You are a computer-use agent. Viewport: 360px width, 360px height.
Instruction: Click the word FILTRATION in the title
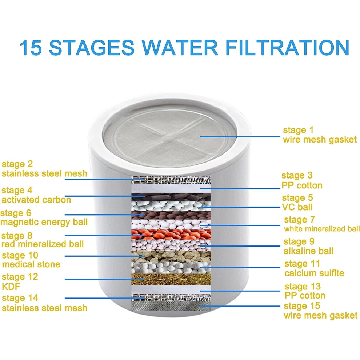287,48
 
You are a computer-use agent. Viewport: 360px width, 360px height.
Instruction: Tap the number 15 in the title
31,48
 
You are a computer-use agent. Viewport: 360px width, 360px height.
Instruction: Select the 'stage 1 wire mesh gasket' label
320,135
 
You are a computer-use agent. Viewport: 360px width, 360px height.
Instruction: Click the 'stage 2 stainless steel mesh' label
44,169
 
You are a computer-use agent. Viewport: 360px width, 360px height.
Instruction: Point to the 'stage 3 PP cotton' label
302,180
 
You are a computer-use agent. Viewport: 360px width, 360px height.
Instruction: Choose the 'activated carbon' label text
36,200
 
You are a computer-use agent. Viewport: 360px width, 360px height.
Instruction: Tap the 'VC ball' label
297,207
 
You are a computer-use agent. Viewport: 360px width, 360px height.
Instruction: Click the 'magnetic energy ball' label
44,222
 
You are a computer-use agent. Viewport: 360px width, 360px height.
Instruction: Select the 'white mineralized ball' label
322,229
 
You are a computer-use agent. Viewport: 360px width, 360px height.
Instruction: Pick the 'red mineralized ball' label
43,244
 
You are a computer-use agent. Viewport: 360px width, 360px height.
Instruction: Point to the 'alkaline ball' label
308,251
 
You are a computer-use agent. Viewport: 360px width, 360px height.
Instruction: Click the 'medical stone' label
31,264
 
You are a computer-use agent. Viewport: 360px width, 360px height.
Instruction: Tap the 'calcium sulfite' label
314,273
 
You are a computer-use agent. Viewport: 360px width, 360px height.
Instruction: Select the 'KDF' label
11,287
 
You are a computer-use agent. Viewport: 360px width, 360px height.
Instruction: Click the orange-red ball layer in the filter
171,235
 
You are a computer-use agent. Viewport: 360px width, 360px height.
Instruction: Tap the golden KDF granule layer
171,279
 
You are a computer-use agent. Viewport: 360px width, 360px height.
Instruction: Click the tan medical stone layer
171,256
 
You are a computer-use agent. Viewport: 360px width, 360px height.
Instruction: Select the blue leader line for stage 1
240,137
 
